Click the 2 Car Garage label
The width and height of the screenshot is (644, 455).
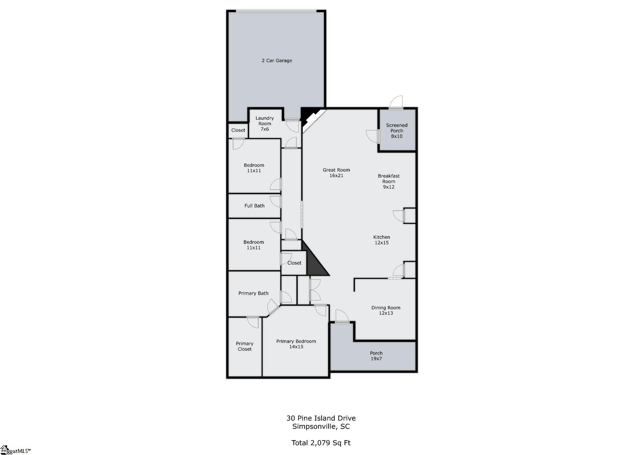[x=277, y=61]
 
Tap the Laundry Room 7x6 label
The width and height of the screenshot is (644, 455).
[x=265, y=124]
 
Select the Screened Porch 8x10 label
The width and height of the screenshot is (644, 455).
[x=397, y=131]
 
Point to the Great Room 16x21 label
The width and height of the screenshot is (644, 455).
[x=336, y=173]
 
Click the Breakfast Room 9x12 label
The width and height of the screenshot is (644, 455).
[x=389, y=181]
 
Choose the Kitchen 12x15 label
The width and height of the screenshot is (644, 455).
[x=382, y=240]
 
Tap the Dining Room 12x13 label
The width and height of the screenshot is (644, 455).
[x=386, y=310]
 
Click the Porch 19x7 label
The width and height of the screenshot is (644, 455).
[x=376, y=356]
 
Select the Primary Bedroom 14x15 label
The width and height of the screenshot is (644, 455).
[x=296, y=344]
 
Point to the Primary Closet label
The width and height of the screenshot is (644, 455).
[x=245, y=346]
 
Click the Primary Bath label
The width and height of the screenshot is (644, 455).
[x=253, y=294]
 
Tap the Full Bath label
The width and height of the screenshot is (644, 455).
[x=255, y=206]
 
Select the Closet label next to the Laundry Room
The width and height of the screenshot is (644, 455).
[x=238, y=130]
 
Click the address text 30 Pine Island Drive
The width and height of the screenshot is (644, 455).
[x=321, y=418]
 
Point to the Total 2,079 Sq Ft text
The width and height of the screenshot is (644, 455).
[x=321, y=443]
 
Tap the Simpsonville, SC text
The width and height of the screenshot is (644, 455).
[x=321, y=427]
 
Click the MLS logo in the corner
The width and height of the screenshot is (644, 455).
[x=15, y=450]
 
